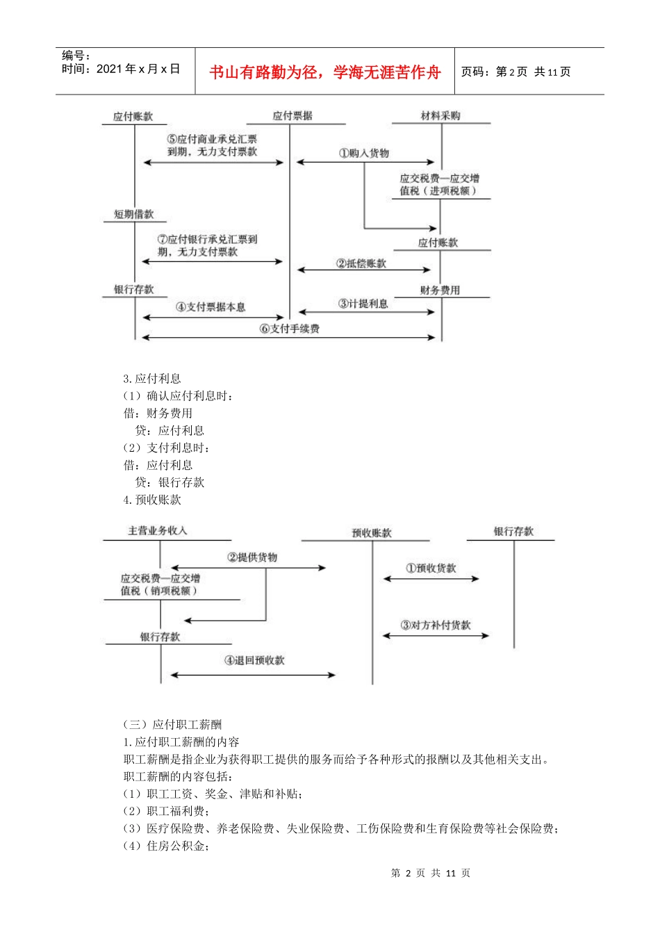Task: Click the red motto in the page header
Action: (x=324, y=72)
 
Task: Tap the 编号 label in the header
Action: (x=76, y=56)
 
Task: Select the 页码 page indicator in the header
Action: (x=515, y=72)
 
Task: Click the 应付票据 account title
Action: (x=292, y=116)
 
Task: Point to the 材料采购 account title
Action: (x=440, y=116)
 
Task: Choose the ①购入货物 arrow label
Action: (x=364, y=153)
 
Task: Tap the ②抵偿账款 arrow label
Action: (x=361, y=263)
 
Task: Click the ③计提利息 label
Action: (x=363, y=304)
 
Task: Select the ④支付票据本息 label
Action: (x=211, y=306)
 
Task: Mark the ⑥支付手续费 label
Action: (x=290, y=329)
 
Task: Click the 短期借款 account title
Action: (x=134, y=214)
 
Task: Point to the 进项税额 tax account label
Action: (x=439, y=185)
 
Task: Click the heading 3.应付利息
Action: (x=152, y=379)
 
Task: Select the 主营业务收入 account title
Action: (x=158, y=531)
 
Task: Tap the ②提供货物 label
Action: (x=252, y=557)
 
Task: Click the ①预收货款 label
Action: (x=431, y=568)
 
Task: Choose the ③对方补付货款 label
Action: (x=436, y=625)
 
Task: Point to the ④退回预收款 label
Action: (x=254, y=660)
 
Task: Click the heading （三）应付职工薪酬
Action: (x=172, y=725)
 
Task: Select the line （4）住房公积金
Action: (x=167, y=846)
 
